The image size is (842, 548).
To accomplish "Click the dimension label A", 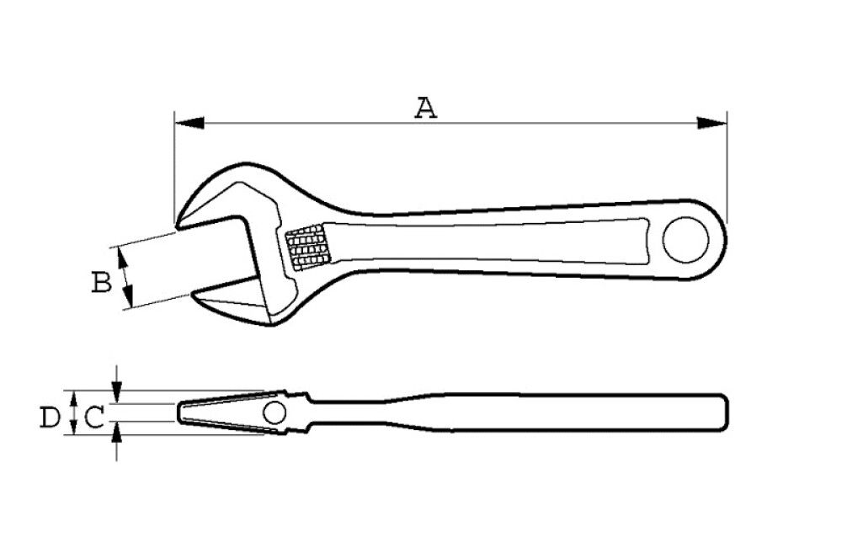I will (x=427, y=107).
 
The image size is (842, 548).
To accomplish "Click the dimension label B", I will (x=101, y=283).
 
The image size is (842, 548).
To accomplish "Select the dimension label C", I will (x=94, y=416).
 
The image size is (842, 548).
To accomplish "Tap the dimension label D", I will (x=51, y=416).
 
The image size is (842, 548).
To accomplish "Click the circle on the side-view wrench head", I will (x=274, y=412).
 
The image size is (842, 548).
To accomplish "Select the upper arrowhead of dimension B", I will (x=125, y=257).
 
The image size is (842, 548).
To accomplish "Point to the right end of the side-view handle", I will (x=727, y=412).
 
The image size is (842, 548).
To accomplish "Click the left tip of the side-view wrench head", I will (x=179, y=412).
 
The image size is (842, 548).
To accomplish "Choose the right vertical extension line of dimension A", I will (x=727, y=168).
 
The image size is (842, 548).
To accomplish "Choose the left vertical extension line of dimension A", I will (x=174, y=168).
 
